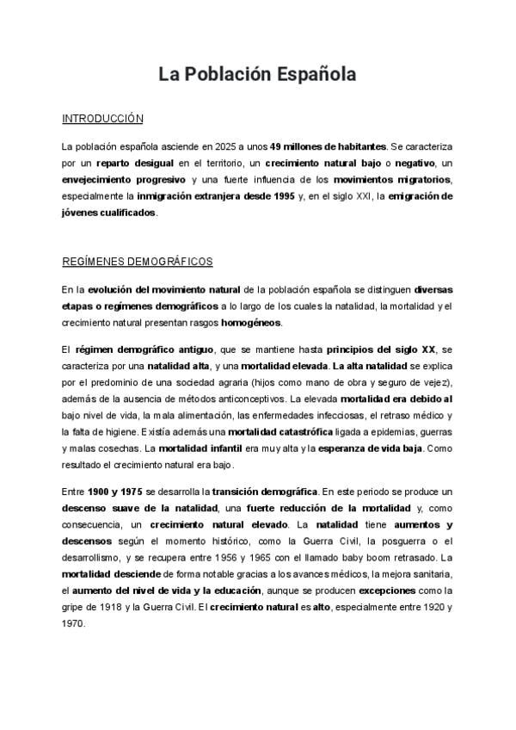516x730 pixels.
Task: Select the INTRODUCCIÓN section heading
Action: tap(102, 119)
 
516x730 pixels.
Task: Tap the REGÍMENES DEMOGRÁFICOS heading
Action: tap(137, 262)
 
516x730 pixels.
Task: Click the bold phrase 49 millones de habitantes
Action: tap(328, 147)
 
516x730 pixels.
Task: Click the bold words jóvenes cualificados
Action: tap(109, 213)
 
